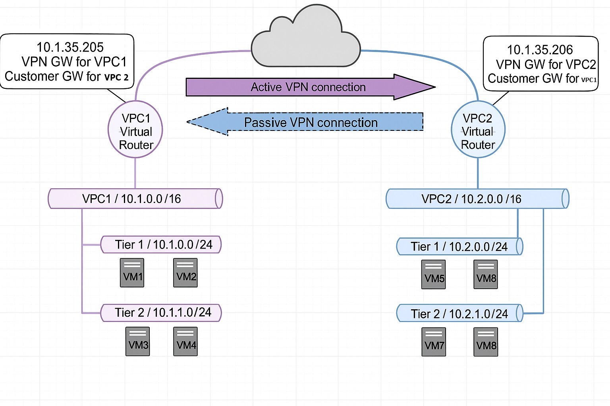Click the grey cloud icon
pyautogui.click(x=305, y=38)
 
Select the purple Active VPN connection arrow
pyautogui.click(x=311, y=87)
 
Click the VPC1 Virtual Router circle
pyautogui.click(x=135, y=129)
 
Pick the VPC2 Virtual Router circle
pyautogui.click(x=478, y=129)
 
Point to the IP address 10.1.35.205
pyautogui.click(x=70, y=47)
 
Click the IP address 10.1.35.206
pyautogui.click(x=540, y=50)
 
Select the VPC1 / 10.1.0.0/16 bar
pyautogui.click(x=135, y=199)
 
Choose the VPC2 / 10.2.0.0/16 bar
pyautogui.click(x=477, y=199)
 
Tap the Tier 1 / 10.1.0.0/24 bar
pyautogui.click(x=161, y=245)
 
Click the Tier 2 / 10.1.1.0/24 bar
pyautogui.click(x=161, y=313)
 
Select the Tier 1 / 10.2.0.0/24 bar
pyautogui.click(x=459, y=246)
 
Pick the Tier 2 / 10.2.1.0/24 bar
pyautogui.click(x=459, y=313)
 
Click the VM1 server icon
pyautogui.click(x=132, y=273)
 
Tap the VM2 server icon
pyautogui.click(x=185, y=273)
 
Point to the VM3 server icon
pyautogui.click(x=137, y=341)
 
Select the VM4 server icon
pyautogui.click(x=185, y=341)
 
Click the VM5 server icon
pyautogui.click(x=434, y=274)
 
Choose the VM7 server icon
pyautogui.click(x=434, y=342)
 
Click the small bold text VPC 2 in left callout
pyautogui.click(x=116, y=77)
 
